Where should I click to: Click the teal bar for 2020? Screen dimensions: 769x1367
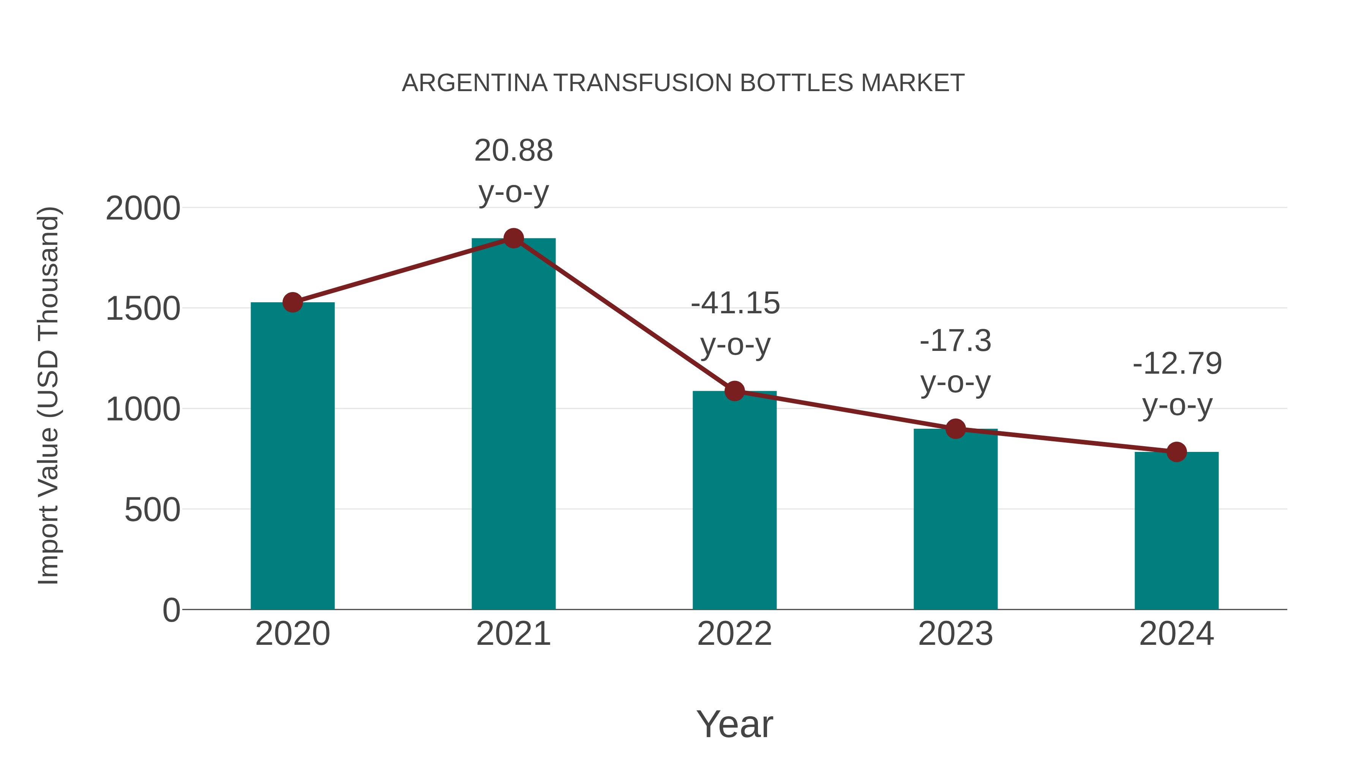pos(292,456)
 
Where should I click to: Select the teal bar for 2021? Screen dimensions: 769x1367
pos(513,425)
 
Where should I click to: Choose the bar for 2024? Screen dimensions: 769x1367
pos(1176,531)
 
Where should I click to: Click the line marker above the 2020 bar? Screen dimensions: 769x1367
pos(292,303)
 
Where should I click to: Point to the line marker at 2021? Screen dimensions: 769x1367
pos(513,238)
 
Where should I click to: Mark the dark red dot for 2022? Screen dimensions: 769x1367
pos(734,391)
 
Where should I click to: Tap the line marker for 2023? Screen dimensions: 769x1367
pos(955,429)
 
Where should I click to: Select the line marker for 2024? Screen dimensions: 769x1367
pos(1176,452)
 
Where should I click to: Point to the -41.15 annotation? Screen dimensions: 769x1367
pos(735,303)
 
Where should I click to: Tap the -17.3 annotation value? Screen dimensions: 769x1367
pos(955,340)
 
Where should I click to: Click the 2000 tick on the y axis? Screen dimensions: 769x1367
pos(143,208)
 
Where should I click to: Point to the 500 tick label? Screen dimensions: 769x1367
pos(152,510)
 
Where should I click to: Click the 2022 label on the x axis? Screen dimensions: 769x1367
pos(734,634)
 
